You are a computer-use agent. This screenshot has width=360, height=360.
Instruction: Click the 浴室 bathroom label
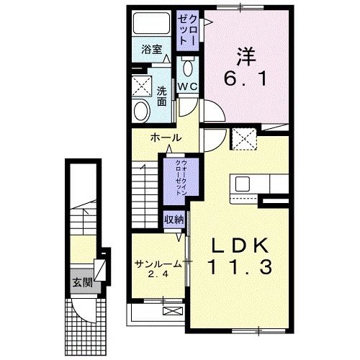(151, 50)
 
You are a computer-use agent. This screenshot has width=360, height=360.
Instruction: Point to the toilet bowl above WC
(189, 68)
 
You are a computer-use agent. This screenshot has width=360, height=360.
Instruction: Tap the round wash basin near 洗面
(140, 110)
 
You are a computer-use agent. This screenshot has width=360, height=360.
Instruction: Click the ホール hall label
(165, 138)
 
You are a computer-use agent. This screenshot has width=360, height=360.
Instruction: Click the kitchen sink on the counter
(240, 183)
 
